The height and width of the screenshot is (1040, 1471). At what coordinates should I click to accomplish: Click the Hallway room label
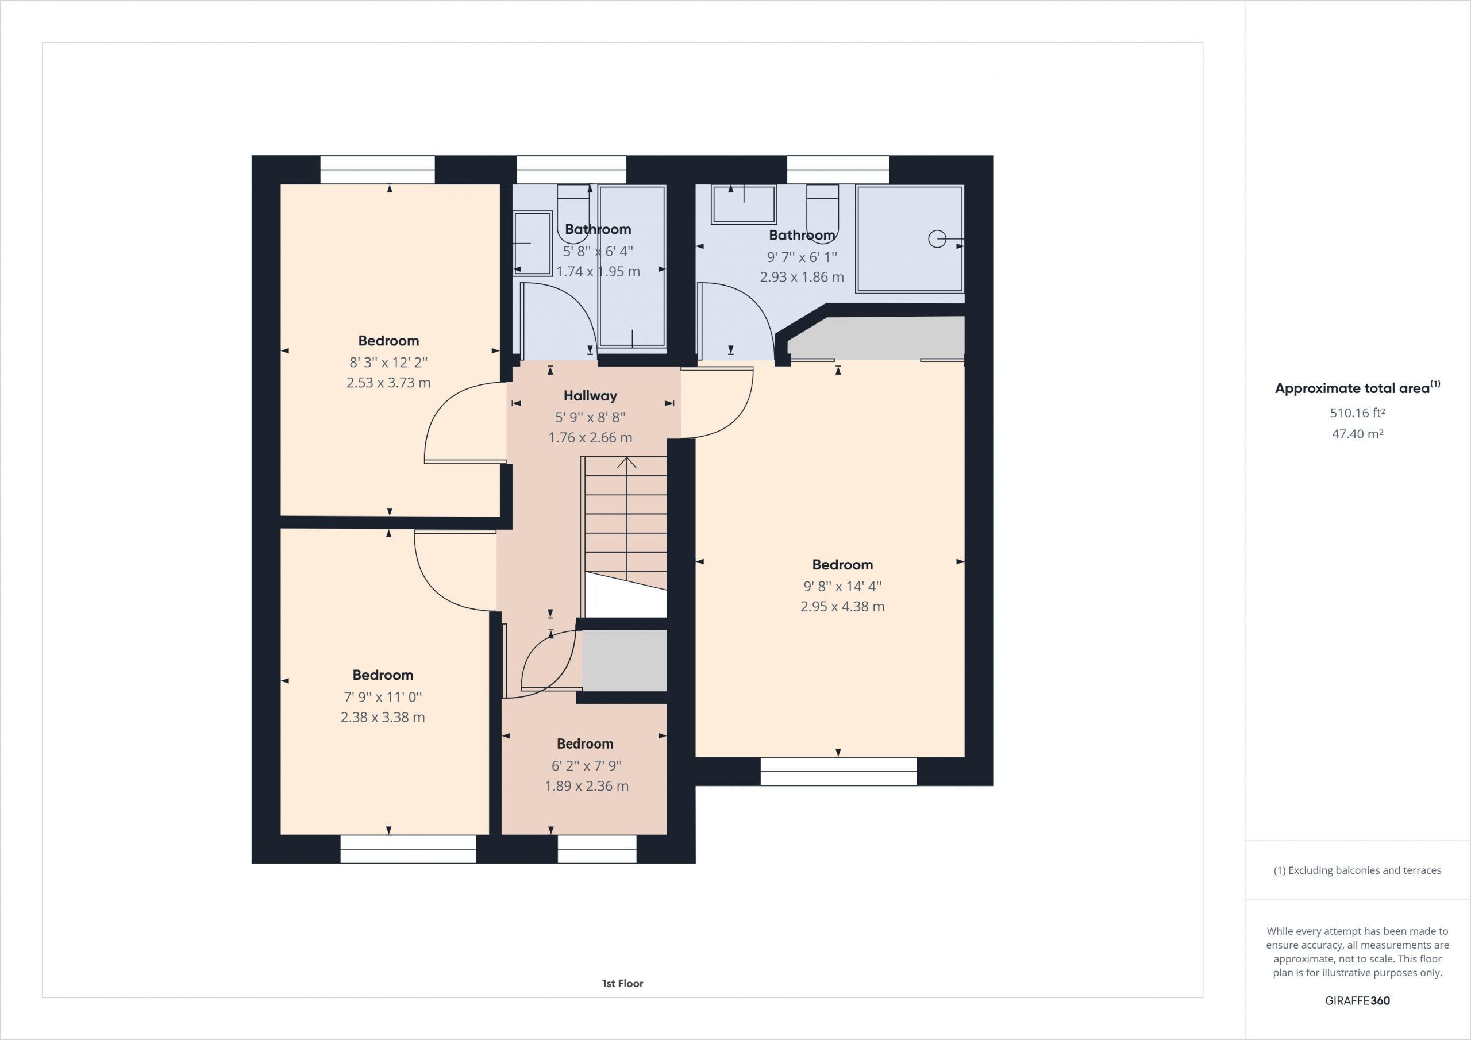(590, 396)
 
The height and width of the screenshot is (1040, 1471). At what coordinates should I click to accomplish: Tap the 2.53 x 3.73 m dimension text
(388, 383)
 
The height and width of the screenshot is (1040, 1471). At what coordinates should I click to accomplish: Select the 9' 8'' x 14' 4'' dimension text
(842, 586)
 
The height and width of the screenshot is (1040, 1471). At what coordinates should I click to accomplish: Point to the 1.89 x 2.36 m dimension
(586, 785)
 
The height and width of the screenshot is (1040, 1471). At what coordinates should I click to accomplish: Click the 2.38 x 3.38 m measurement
(383, 717)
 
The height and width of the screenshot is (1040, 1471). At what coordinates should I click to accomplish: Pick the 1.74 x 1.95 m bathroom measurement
(598, 271)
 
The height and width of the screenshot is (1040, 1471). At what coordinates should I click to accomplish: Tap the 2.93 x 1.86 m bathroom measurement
(802, 277)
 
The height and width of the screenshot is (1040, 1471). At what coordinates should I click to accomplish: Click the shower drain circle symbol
(937, 239)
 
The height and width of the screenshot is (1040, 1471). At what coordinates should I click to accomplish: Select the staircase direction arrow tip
(626, 457)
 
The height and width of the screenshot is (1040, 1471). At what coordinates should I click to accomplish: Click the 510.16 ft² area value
(1358, 413)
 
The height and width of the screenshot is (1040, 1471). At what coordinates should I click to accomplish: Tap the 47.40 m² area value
(1358, 434)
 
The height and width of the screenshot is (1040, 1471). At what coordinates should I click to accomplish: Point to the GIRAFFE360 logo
(1358, 1000)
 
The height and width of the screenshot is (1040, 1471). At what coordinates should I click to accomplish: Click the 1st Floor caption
(622, 983)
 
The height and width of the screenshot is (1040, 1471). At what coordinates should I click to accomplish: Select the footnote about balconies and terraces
(1358, 870)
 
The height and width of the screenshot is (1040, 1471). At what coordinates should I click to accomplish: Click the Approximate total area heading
(1358, 388)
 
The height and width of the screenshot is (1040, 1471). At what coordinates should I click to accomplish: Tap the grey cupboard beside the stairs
(624, 661)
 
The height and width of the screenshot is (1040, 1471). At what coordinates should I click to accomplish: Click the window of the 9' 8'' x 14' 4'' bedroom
(839, 772)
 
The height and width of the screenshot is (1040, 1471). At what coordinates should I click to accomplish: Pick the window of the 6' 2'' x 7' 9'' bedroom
(597, 849)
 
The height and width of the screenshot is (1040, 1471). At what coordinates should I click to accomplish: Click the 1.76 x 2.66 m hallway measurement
(590, 438)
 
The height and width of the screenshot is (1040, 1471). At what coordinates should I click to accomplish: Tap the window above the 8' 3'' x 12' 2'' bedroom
(378, 170)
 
